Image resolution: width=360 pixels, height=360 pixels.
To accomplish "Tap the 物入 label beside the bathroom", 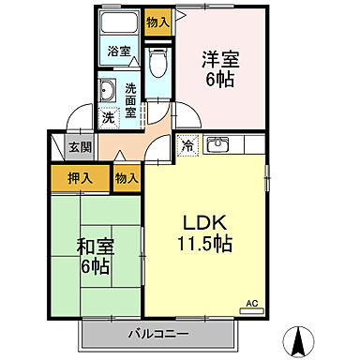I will (158, 22).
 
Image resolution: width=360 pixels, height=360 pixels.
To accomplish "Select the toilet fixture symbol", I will (157, 66).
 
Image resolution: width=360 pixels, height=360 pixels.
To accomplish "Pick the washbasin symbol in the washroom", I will (107, 92).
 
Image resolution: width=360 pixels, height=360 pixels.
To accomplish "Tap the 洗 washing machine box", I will (108, 118).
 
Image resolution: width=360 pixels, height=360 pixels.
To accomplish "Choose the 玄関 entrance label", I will (80, 147).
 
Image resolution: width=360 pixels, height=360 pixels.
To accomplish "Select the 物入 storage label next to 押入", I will (127, 178).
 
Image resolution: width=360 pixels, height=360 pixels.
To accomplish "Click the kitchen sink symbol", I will (219, 144).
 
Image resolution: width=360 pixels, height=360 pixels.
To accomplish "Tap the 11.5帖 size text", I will (206, 245).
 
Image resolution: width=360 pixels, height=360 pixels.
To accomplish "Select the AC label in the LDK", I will (250, 304).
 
